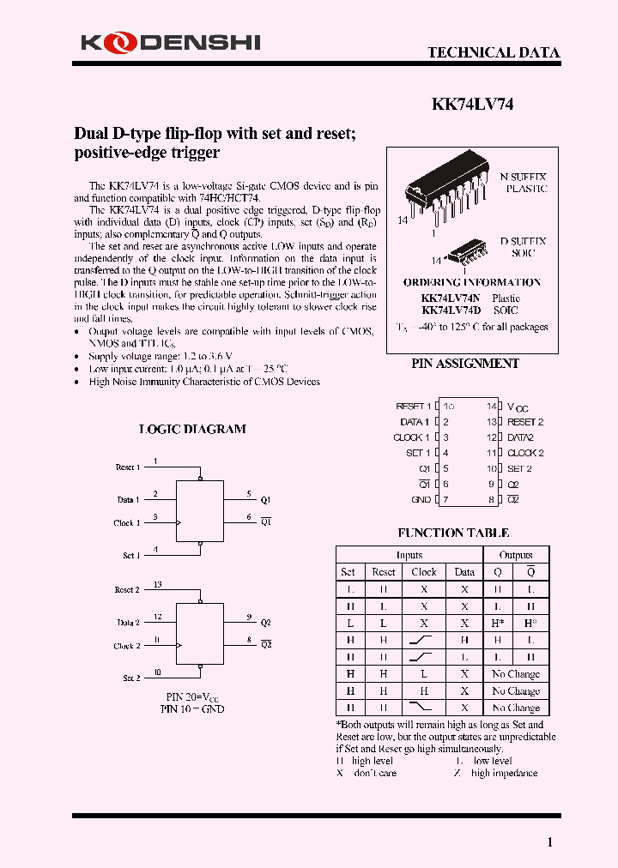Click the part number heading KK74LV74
472,104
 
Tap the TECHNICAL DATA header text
494,52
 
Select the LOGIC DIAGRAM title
192,429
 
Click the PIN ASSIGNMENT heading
464,364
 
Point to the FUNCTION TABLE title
453,533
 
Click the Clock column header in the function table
424,572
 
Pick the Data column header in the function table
464,572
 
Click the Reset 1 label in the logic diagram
127,467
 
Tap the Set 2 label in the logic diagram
130,678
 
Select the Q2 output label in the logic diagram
265,623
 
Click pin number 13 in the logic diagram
157,585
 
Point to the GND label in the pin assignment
421,499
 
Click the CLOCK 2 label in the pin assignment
525,453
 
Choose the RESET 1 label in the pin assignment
413,406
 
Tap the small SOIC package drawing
469,251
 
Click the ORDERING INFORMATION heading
471,282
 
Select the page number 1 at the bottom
549,842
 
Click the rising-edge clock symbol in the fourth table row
423,640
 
